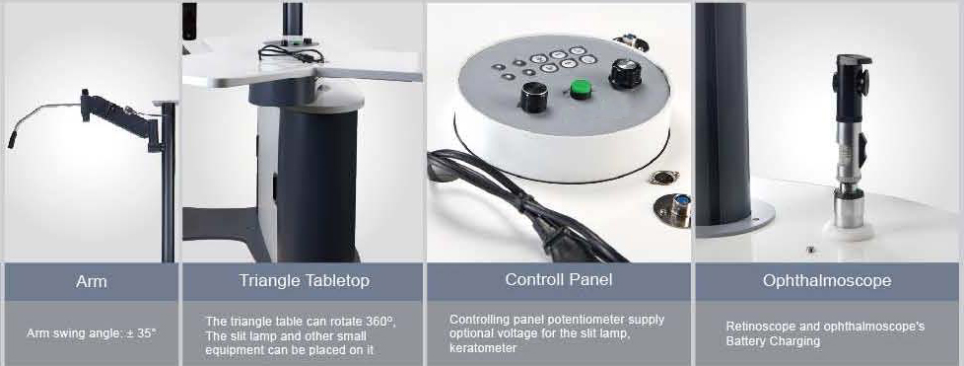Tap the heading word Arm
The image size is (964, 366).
click(92, 282)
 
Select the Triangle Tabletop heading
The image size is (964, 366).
click(305, 281)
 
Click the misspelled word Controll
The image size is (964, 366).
click(532, 279)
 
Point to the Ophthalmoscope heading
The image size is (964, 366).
click(827, 281)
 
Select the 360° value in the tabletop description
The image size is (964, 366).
click(382, 321)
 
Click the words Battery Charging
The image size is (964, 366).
click(773, 341)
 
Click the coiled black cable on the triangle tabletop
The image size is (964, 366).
click(291, 53)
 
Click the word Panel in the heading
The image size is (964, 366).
click(589, 279)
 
